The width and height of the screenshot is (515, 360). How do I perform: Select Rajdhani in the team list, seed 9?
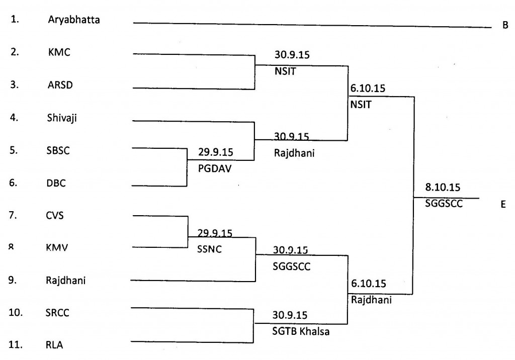[x=65, y=280]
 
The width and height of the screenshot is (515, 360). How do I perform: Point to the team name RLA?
[x=53, y=345]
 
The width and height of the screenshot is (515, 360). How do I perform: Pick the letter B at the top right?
[x=505, y=25]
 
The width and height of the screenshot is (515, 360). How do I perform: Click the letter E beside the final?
[x=503, y=206]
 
